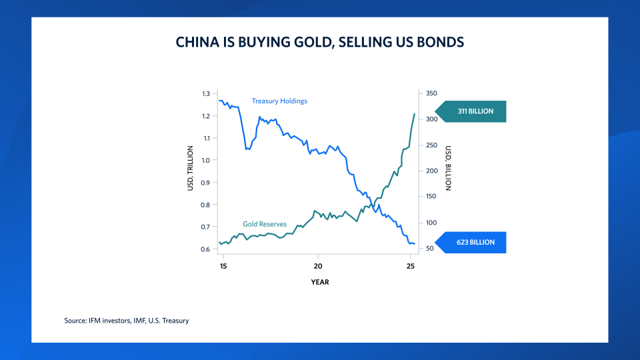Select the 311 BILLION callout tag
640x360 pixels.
pos(471,111)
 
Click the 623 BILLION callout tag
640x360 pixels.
pos(471,242)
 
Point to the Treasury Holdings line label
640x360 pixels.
pos(279,101)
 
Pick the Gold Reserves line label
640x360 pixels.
pos(265,224)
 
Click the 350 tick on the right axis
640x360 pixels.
pos(431,94)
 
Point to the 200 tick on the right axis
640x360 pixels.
pos(431,171)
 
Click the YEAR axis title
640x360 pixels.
pos(319,282)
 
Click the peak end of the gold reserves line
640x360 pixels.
pos(415,114)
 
